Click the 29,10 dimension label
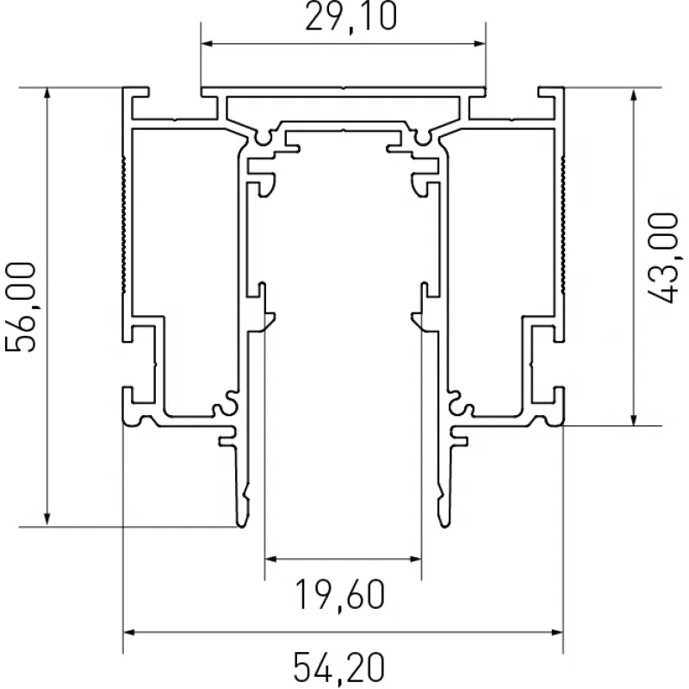click(351, 16)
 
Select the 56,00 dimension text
click(20, 307)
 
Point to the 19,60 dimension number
click(340, 594)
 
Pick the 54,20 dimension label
click(338, 668)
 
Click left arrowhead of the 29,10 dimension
click(207, 44)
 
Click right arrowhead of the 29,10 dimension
click(480, 44)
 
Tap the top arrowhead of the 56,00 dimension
click(47, 94)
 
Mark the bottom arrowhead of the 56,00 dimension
click(47, 519)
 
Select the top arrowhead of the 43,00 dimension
click(633, 96)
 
